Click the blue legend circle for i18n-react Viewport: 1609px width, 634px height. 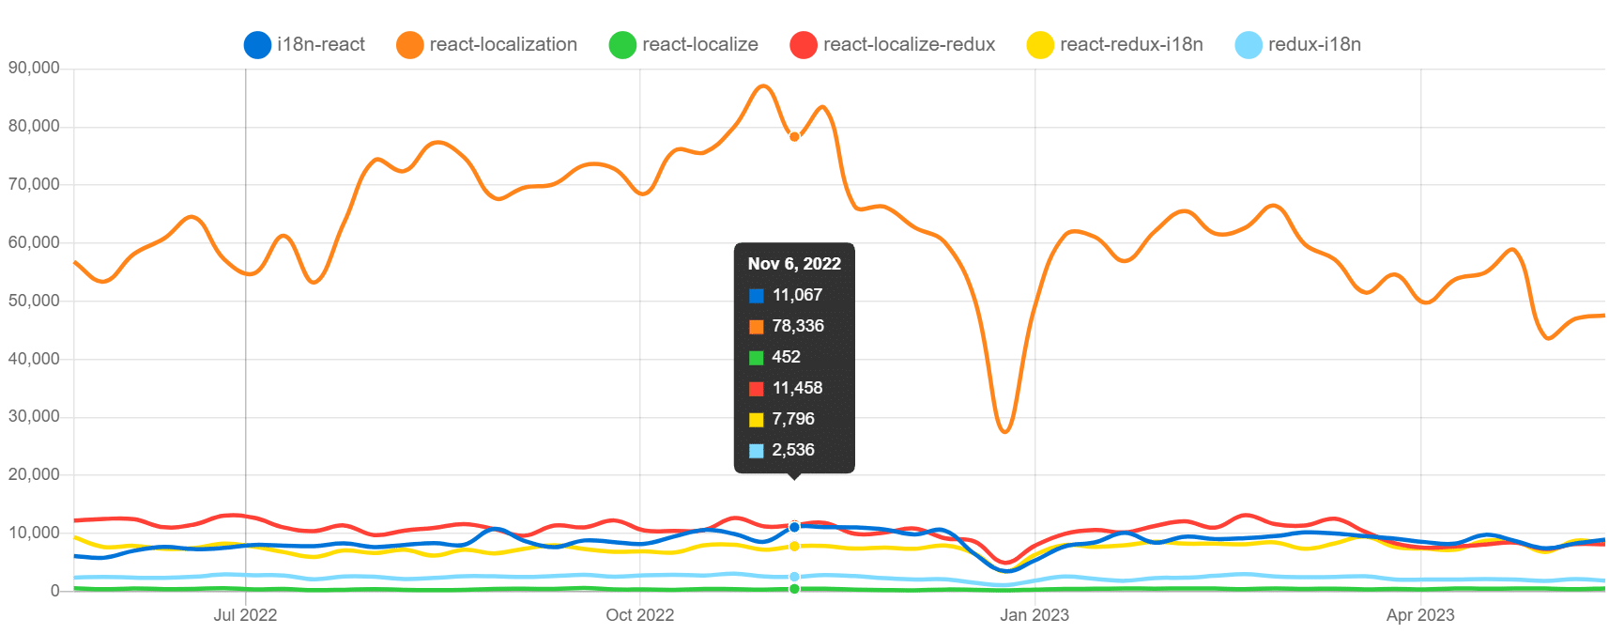coord(257,44)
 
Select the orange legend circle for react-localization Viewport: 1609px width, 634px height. coord(410,44)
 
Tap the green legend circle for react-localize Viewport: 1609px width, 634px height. coord(622,44)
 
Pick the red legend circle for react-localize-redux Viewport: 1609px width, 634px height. coord(804,44)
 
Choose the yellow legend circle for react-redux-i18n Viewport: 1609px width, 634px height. coord(1040,44)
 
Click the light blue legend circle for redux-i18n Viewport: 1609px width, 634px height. coord(1249,44)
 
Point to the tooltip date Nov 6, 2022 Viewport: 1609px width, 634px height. coord(794,264)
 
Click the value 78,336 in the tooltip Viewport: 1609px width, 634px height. coord(798,326)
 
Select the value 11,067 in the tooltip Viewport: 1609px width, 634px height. coord(797,295)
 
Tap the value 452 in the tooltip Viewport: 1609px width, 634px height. coord(786,357)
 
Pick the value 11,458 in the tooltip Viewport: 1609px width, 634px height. coord(797,388)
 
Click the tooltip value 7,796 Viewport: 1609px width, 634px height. coord(793,419)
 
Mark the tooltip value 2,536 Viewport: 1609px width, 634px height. coord(793,450)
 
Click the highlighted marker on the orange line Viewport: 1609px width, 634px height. coord(794,137)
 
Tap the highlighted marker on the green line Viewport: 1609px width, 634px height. coord(794,589)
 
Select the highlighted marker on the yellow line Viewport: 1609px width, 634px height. coord(794,546)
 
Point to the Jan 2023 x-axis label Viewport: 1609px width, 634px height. coord(1034,615)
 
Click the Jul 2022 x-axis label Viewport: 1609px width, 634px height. coord(245,615)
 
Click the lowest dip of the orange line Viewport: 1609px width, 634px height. coord(1005,431)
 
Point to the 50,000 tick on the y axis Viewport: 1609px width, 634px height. coord(34,301)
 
